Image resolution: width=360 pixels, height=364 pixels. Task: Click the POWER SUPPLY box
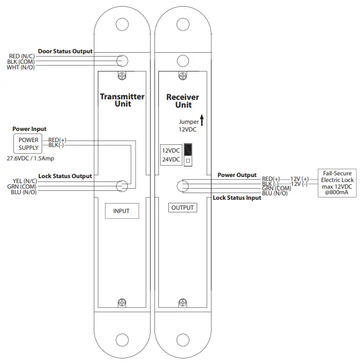[x=29, y=144]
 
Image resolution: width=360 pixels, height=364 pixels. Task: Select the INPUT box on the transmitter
[x=121, y=211]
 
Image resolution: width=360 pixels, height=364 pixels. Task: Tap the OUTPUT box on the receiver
[x=183, y=208]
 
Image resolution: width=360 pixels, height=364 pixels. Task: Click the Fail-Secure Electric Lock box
[x=338, y=183]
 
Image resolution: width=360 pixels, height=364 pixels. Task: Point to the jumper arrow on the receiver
[x=202, y=119]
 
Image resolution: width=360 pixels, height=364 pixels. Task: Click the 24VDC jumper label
[x=171, y=159]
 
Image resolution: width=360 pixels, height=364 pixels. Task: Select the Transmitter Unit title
[x=122, y=100]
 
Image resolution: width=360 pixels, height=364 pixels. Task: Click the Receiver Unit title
[x=183, y=101]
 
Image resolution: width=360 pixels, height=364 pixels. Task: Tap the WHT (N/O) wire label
[x=21, y=68]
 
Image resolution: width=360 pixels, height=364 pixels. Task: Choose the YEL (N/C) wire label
[x=24, y=181]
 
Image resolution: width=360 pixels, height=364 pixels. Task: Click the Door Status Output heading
[x=65, y=51]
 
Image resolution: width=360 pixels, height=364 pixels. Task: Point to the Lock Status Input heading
[x=237, y=198]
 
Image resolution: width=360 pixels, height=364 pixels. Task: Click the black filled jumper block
[x=188, y=150]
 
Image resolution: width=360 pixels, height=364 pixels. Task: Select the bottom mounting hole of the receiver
[x=183, y=339]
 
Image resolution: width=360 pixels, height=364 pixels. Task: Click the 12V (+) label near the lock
[x=299, y=179]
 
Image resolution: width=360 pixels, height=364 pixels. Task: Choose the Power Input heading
[x=29, y=129]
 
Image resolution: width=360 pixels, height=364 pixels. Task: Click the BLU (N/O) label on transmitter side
[x=23, y=193]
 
